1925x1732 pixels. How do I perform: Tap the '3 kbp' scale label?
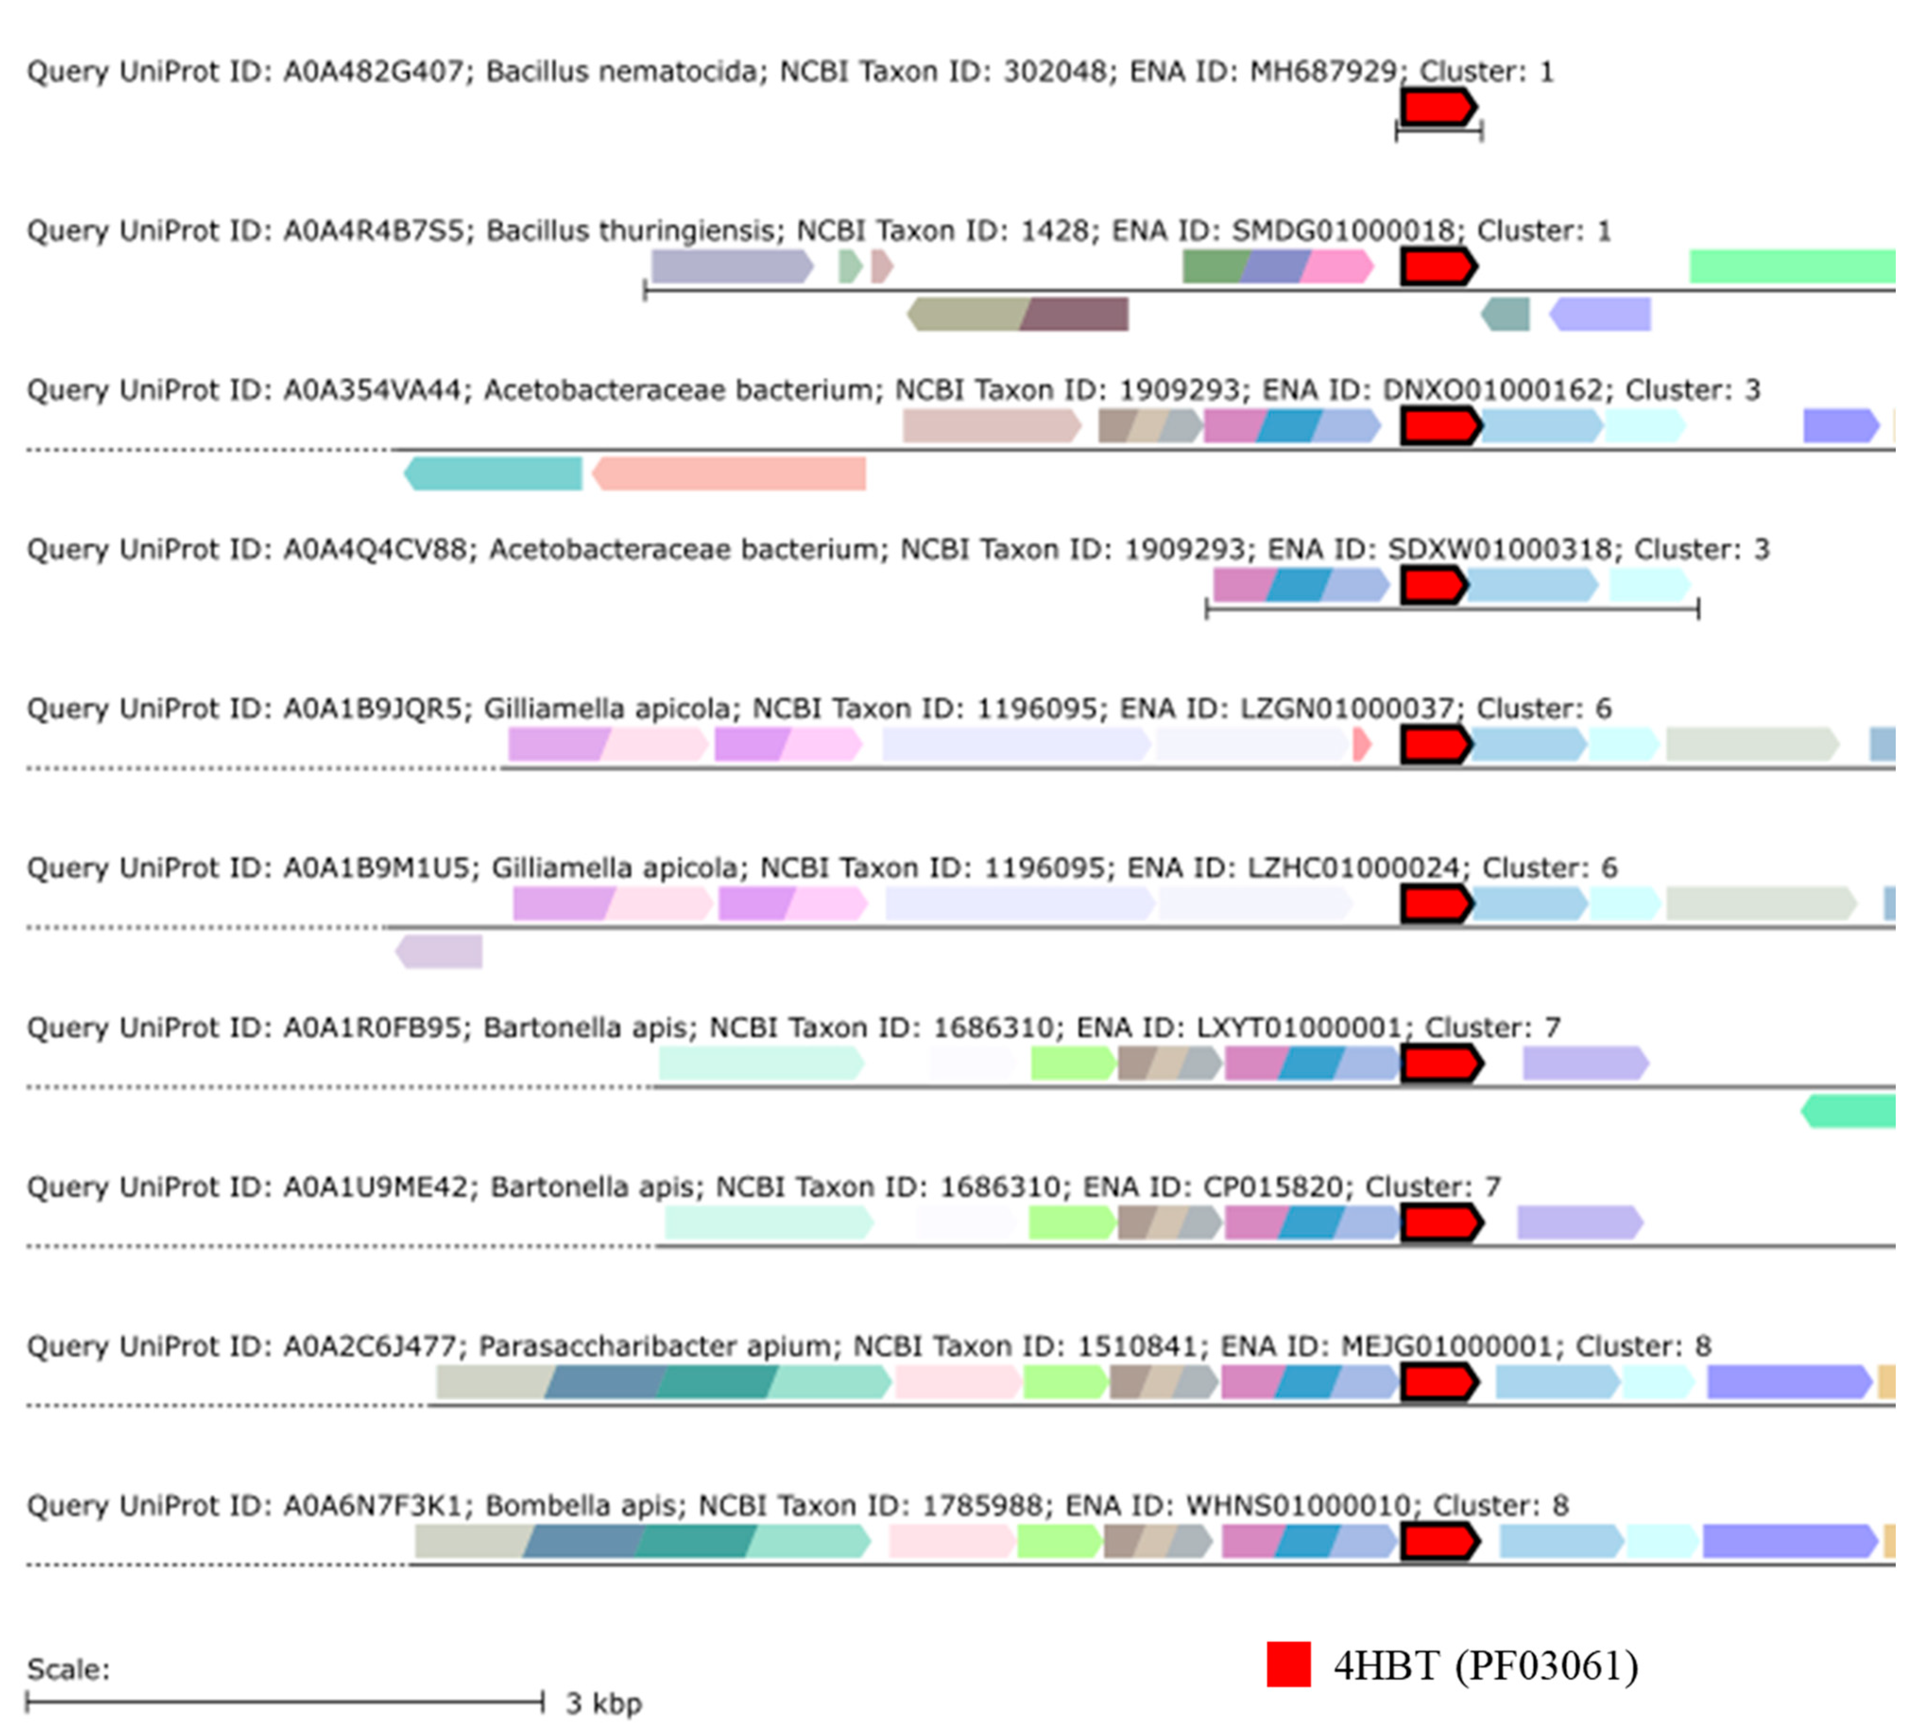pyautogui.click(x=603, y=1703)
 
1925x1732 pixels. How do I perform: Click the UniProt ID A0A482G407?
pyautogui.click(x=372, y=71)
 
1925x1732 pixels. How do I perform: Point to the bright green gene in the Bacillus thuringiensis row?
pyautogui.click(x=1792, y=266)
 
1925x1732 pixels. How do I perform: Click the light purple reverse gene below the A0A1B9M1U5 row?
pyautogui.click(x=439, y=952)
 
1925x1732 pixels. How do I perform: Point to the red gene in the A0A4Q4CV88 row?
pyautogui.click(x=1433, y=585)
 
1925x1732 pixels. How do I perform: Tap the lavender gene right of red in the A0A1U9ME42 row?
pyautogui.click(x=1580, y=1222)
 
